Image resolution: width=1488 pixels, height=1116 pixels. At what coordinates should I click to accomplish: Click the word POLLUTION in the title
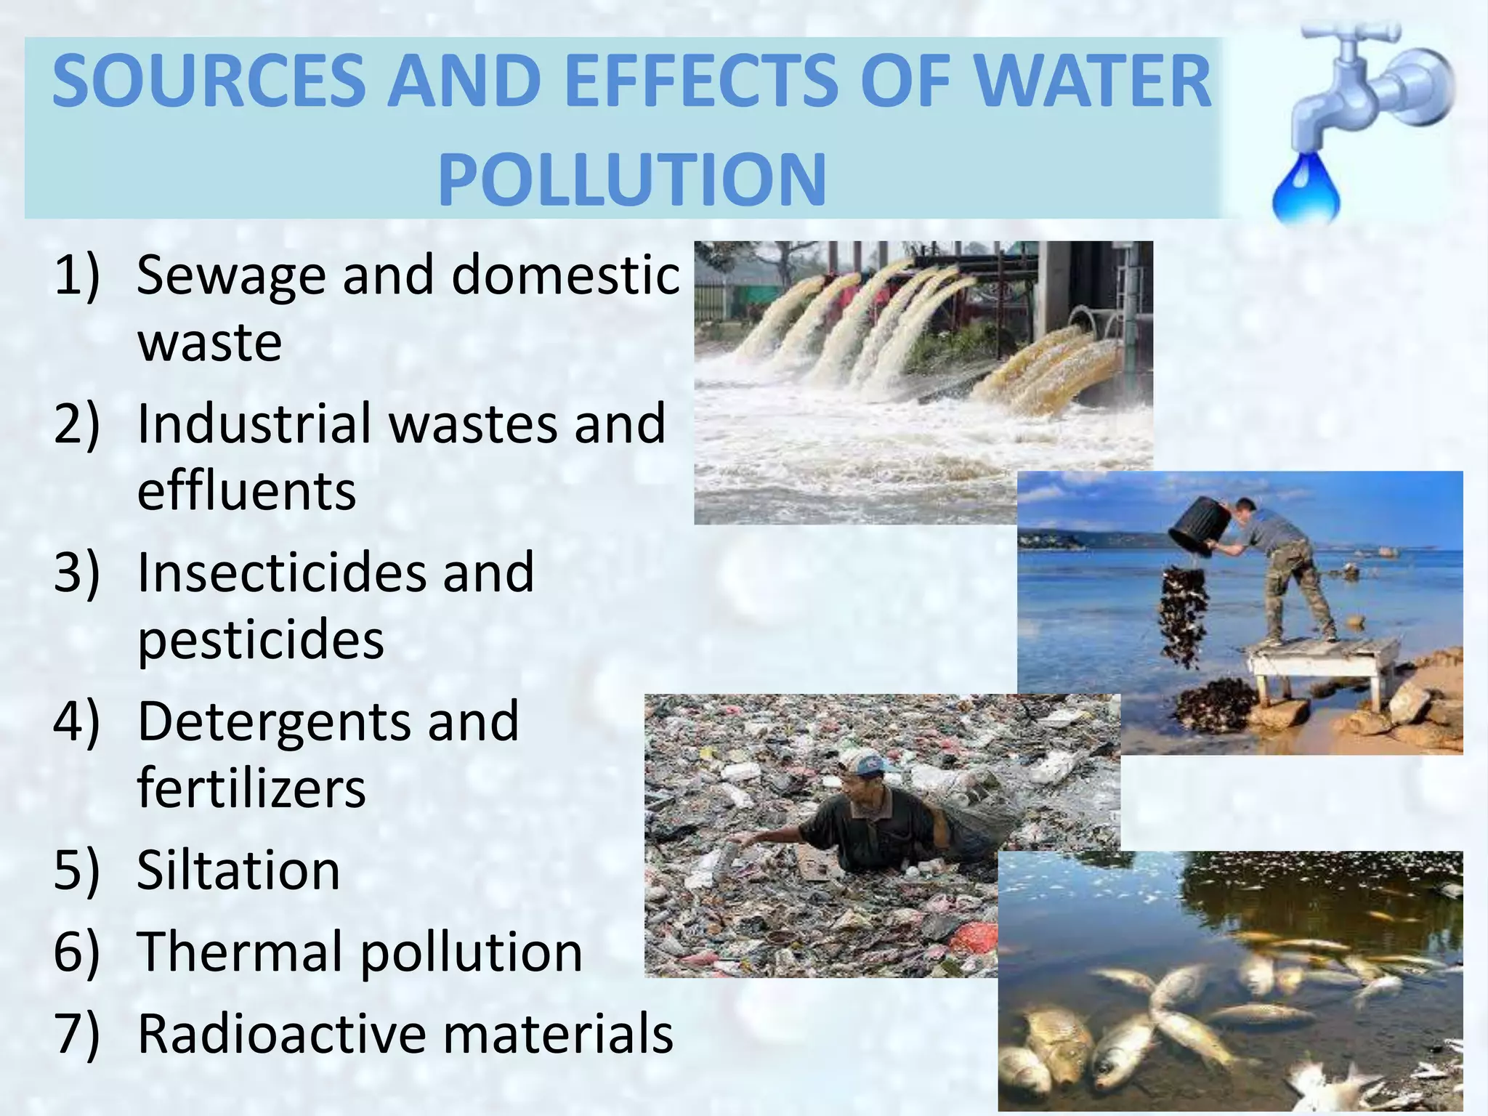(x=632, y=179)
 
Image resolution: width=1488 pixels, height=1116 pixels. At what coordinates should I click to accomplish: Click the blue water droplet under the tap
(x=1306, y=190)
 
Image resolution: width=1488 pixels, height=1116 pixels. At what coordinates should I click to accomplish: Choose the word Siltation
(x=238, y=870)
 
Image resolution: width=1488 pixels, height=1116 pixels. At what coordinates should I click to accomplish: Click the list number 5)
(x=76, y=870)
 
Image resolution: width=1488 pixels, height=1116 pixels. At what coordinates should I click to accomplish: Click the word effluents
(x=247, y=491)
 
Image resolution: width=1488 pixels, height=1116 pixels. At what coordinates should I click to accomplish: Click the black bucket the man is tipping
(x=1199, y=526)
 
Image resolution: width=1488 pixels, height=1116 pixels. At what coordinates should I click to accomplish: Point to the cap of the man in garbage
(x=865, y=761)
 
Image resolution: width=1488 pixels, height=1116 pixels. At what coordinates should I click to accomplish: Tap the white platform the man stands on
(x=1322, y=654)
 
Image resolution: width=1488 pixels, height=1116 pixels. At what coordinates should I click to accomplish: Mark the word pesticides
(x=261, y=639)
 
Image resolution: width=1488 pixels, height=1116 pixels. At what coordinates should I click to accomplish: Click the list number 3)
(x=76, y=573)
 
